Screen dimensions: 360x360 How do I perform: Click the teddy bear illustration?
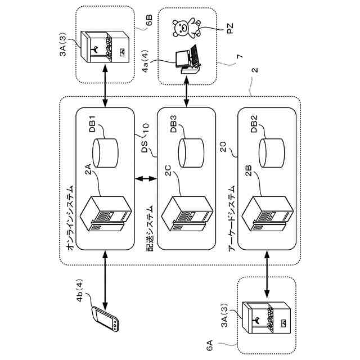(x=187, y=29)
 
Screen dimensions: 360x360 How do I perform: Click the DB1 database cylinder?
(x=105, y=153)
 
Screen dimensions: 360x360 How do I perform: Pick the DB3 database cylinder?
(x=191, y=153)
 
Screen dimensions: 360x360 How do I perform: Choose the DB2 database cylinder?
(x=272, y=153)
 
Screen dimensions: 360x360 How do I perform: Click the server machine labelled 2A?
(x=106, y=214)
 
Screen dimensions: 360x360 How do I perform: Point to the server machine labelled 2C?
(x=187, y=214)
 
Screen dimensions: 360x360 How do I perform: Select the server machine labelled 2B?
(x=268, y=214)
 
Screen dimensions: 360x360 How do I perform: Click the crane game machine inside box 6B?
(x=105, y=47)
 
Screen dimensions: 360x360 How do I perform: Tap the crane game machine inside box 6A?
(x=267, y=317)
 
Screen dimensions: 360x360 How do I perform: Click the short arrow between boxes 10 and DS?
(x=146, y=178)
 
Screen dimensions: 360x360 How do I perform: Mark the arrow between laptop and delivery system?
(x=186, y=92)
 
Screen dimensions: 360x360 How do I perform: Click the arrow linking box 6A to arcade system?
(x=267, y=274)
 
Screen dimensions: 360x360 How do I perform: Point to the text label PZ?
(x=229, y=29)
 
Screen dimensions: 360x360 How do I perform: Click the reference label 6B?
(x=148, y=20)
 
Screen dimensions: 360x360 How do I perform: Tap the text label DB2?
(x=254, y=124)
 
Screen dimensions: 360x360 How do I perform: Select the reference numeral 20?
(x=223, y=147)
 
